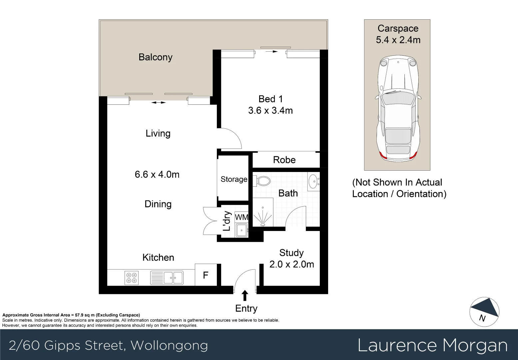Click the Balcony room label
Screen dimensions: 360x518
point(155,57)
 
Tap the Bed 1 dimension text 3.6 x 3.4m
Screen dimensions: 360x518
point(270,110)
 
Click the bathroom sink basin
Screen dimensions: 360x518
point(313,182)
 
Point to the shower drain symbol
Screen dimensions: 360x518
point(262,225)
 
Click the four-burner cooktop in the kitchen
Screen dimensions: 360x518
point(131,278)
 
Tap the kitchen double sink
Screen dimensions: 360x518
point(167,278)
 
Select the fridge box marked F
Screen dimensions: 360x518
point(206,275)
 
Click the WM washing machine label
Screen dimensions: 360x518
point(242,217)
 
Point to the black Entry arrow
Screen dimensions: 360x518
point(245,296)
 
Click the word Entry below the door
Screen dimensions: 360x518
point(246,308)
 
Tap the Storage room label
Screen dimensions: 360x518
point(234,179)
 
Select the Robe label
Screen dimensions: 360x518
point(284,160)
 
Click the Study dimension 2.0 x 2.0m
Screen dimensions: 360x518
point(291,264)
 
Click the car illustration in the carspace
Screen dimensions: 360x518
point(398,109)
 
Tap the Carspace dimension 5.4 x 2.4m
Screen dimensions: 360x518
point(398,40)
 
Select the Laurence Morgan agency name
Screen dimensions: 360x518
point(432,345)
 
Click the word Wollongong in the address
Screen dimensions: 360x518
point(169,345)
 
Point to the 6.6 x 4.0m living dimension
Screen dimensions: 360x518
point(157,174)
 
